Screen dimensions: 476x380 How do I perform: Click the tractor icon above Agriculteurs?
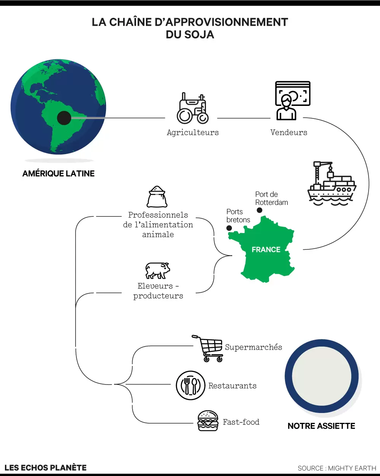tap(193, 109)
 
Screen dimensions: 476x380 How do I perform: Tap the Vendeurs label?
tap(289, 132)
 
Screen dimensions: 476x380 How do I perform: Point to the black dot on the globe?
tap(64, 118)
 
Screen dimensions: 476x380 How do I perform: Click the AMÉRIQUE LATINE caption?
tap(59, 173)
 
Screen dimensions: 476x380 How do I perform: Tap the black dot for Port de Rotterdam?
tap(260, 210)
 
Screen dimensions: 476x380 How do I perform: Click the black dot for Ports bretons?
tap(229, 228)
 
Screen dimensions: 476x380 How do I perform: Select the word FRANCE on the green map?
tap(266, 250)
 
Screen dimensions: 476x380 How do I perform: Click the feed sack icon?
tap(157, 197)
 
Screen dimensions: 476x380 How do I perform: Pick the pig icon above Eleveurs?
tap(157, 270)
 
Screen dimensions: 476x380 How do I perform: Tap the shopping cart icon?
tap(209, 348)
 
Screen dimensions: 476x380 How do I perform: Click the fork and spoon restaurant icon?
tap(190, 385)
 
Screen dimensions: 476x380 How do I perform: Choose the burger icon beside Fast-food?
tap(208, 421)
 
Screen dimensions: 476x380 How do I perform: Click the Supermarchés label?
tap(253, 347)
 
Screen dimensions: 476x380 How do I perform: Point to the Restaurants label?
tap(233, 386)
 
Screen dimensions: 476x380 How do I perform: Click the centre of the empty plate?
tap(321, 376)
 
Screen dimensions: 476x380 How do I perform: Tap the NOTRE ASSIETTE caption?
tap(321, 426)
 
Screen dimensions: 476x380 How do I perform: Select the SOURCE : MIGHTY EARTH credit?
tap(337, 468)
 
